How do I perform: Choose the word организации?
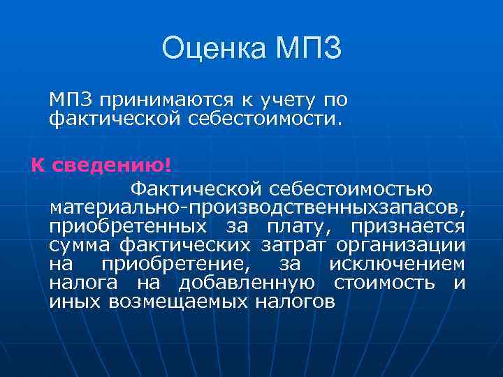point(400,246)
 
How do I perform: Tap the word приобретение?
point(173,265)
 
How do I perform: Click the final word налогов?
point(295,302)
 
